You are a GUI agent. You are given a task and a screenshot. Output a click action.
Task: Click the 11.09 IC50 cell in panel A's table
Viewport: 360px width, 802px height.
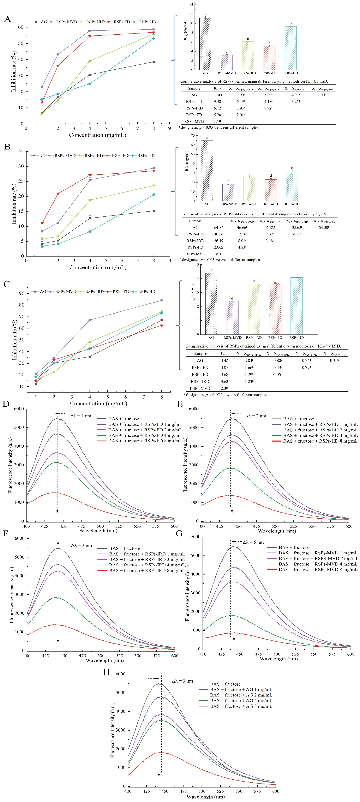217,95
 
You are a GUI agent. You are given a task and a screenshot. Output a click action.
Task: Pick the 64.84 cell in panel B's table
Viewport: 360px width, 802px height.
219,228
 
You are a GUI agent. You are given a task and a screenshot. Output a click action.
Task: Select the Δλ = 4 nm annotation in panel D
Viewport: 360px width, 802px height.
81,416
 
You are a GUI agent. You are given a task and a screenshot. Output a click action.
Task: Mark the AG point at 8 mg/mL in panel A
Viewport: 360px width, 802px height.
153,62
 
